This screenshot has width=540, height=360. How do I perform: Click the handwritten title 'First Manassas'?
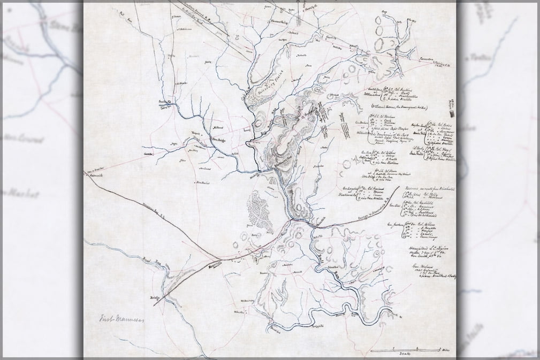(119, 321)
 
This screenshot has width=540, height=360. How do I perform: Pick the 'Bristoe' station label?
(155, 293)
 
